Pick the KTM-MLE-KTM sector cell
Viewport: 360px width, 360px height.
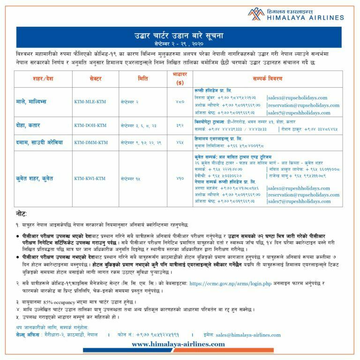pos(90,101)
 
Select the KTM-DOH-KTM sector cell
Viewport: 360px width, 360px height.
pos(90,126)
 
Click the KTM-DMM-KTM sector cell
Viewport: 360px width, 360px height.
pos(90,142)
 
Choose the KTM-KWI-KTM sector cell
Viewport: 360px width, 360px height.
pos(90,179)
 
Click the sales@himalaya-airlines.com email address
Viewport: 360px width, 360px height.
pos(248,335)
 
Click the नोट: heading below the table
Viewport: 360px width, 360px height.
pos(21,213)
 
